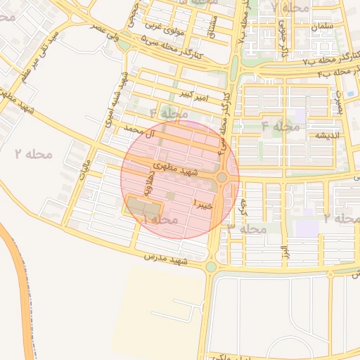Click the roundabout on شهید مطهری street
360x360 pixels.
(222, 177)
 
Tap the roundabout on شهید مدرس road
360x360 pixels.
(211, 266)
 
